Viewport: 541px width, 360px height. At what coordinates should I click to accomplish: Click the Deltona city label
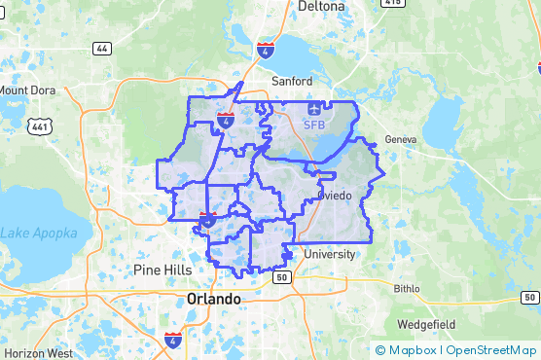pyautogui.click(x=315, y=6)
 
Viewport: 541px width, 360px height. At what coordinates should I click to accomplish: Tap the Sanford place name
pyautogui.click(x=292, y=81)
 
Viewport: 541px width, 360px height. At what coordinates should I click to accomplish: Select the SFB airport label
pyautogui.click(x=314, y=126)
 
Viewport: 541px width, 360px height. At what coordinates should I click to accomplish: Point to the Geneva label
pyautogui.click(x=400, y=139)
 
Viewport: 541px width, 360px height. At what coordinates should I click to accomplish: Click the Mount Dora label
pyautogui.click(x=27, y=90)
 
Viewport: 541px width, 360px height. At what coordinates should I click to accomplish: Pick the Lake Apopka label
pyautogui.click(x=34, y=233)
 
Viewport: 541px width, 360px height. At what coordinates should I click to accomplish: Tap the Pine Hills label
pyautogui.click(x=162, y=269)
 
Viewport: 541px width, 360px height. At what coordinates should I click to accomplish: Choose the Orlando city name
pyautogui.click(x=213, y=299)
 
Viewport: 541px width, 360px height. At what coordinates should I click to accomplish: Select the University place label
pyautogui.click(x=330, y=254)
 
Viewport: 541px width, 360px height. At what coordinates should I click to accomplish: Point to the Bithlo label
pyautogui.click(x=408, y=289)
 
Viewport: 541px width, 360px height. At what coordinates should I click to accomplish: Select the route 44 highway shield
pyautogui.click(x=101, y=48)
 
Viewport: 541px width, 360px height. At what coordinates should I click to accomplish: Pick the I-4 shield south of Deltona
pyautogui.click(x=265, y=49)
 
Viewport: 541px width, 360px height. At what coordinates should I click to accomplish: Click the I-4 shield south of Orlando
pyautogui.click(x=172, y=340)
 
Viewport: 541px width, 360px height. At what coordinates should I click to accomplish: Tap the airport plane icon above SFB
pyautogui.click(x=314, y=111)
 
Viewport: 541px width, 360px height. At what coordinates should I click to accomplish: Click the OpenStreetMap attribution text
pyautogui.click(x=491, y=350)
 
